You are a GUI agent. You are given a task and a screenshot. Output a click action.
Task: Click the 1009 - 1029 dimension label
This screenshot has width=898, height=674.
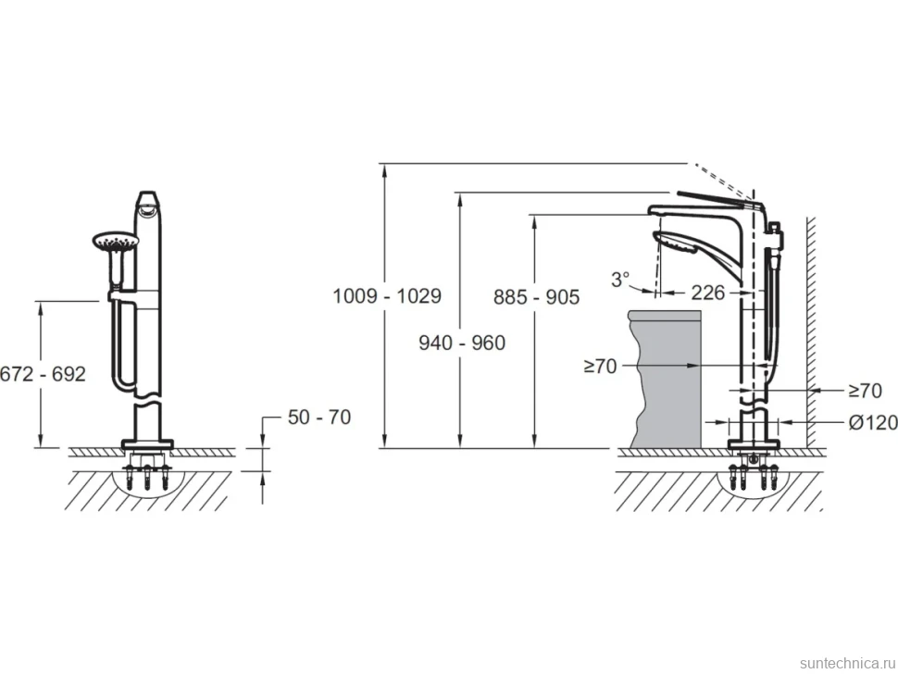387,296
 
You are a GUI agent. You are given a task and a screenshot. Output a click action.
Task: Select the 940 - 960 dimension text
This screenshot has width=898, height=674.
462,343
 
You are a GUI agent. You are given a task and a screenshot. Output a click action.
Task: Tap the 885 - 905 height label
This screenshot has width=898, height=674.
537,296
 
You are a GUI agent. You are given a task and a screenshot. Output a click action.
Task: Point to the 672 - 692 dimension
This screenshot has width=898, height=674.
43,374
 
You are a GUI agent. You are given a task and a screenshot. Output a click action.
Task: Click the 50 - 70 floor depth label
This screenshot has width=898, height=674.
319,417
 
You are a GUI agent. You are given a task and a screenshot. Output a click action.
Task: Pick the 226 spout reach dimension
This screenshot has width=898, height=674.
708,293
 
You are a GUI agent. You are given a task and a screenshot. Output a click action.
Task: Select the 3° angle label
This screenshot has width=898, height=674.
620,280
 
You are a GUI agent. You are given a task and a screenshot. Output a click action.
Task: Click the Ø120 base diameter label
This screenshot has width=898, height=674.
873,422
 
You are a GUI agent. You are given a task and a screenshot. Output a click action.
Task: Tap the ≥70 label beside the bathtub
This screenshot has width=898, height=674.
600,366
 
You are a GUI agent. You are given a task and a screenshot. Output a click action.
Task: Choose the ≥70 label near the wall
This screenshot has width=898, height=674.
865,391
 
